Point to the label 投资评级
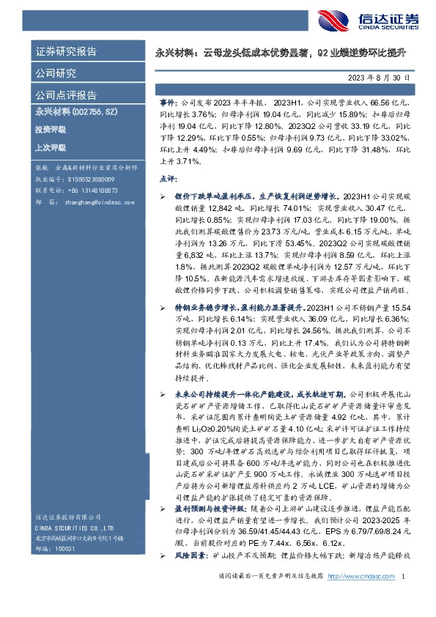[50, 129]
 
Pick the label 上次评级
[50, 147]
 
